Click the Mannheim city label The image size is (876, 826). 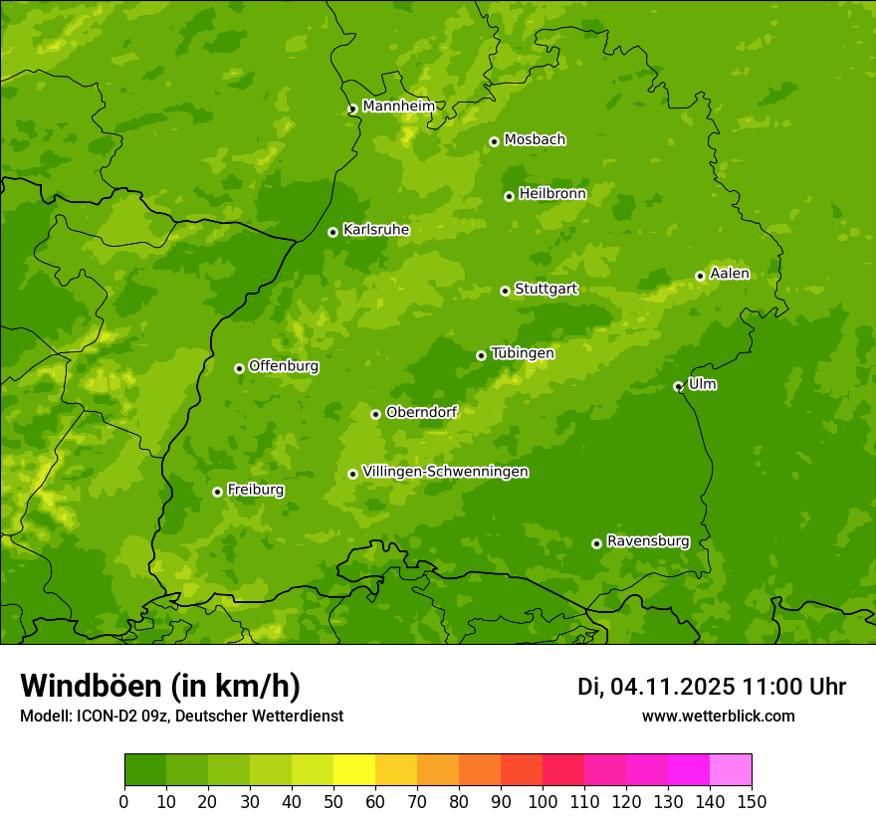pyautogui.click(x=398, y=106)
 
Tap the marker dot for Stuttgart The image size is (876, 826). pyautogui.click(x=505, y=291)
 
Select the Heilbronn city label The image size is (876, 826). pyautogui.click(x=552, y=194)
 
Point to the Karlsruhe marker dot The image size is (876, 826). pyautogui.click(x=332, y=232)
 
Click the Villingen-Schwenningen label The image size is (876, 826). pyautogui.click(x=445, y=472)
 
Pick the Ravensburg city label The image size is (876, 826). pyautogui.click(x=648, y=541)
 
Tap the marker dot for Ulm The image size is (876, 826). pyautogui.click(x=678, y=386)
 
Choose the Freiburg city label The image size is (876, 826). pyautogui.click(x=255, y=490)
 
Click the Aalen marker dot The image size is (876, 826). pyautogui.click(x=700, y=276)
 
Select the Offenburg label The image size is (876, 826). pyautogui.click(x=284, y=366)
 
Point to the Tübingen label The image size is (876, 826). pyautogui.click(x=523, y=353)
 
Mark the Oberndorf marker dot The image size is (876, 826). pyautogui.click(x=375, y=414)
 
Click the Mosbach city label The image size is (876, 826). pyautogui.click(x=535, y=140)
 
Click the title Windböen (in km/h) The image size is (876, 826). pyautogui.click(x=160, y=687)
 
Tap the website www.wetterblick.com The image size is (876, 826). pyautogui.click(x=718, y=717)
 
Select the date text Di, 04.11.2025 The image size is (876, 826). pyautogui.click(x=656, y=687)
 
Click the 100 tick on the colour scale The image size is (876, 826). pyautogui.click(x=543, y=801)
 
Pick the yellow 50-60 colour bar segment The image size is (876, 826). pyautogui.click(x=354, y=770)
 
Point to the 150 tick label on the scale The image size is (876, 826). pyautogui.click(x=752, y=801)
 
